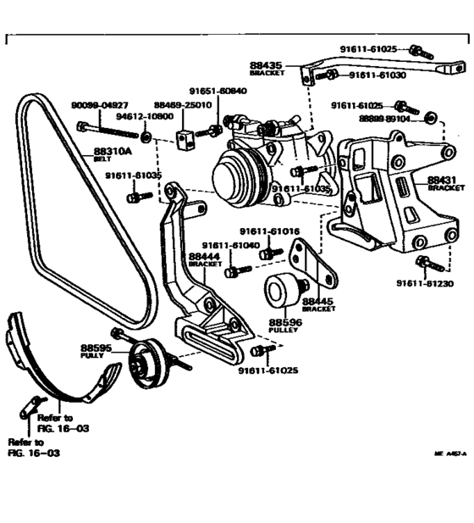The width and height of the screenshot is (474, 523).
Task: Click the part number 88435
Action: pyautogui.click(x=266, y=64)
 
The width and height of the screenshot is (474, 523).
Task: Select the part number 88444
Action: pyautogui.click(x=204, y=256)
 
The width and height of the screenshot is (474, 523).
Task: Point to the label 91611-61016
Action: pyautogui.click(x=269, y=231)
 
